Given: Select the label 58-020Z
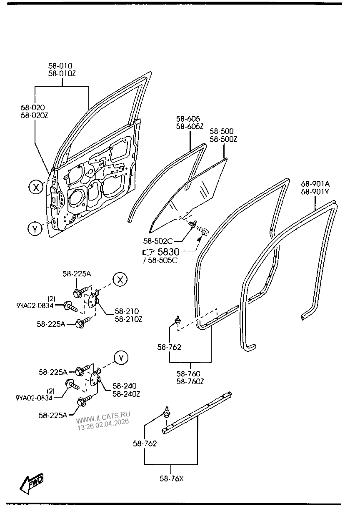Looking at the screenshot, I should pos(35,115).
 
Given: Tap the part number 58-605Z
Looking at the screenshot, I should pos(190,127).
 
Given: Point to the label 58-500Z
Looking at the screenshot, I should pos(223,140).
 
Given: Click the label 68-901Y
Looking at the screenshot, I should pos(315,192).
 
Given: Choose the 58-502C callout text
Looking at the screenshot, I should pos(158,241).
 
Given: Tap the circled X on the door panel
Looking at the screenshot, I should pos(36,188).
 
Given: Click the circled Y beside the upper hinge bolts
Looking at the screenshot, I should pos(120,358).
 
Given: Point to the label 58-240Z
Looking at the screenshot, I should pos(126,394).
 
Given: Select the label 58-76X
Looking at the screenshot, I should pos(171,478).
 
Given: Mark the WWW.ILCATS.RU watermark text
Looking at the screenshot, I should pos(103,415).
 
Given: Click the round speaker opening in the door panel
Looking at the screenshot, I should pos(77,198).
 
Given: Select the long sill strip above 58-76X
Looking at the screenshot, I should pos(196,412).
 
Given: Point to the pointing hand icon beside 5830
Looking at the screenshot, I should pos(148,252).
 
